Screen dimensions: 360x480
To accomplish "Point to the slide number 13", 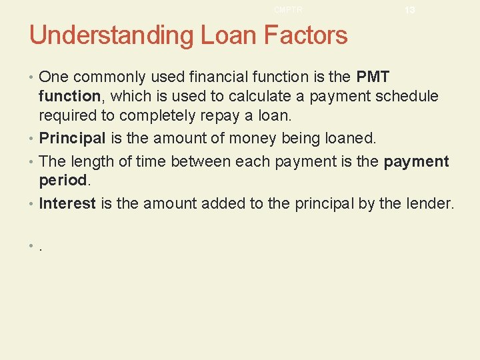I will (x=409, y=10).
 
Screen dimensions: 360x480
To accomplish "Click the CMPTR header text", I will (x=288, y=9).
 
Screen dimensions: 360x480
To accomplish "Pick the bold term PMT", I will (x=373, y=77).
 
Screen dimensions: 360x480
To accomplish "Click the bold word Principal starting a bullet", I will (x=72, y=139).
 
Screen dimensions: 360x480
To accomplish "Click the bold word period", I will (x=63, y=181).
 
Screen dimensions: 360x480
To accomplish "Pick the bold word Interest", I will (x=67, y=203).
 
